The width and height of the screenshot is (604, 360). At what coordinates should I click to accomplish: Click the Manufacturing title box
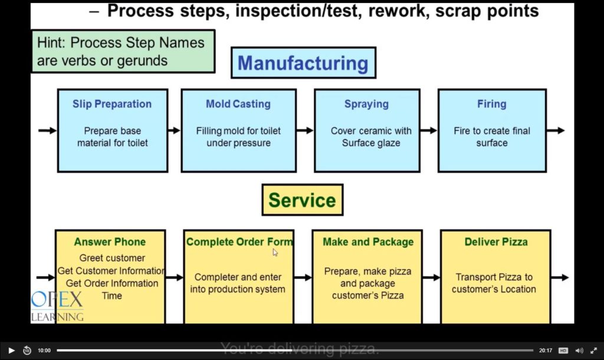tap(303, 63)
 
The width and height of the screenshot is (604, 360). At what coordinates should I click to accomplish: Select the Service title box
tap(302, 200)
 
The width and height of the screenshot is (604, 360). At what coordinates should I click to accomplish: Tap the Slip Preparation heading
tap(112, 104)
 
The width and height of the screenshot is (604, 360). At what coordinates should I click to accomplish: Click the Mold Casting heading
tap(238, 104)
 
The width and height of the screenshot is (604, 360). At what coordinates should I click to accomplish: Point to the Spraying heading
tap(366, 104)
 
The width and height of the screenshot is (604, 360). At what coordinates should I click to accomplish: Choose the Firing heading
tap(491, 104)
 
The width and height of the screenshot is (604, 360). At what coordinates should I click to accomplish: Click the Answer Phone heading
tap(110, 242)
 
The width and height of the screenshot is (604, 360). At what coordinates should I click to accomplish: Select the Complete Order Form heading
tap(239, 242)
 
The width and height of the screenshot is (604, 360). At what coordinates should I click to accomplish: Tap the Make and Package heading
tap(368, 242)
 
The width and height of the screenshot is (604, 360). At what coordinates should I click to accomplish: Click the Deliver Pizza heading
tap(496, 242)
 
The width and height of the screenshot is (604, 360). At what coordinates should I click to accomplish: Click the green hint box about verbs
tap(123, 51)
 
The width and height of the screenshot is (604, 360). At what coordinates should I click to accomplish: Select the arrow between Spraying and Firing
tap(428, 130)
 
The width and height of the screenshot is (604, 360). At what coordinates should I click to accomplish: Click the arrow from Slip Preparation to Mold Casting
tap(174, 130)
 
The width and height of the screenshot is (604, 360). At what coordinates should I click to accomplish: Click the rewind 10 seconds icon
tap(27, 351)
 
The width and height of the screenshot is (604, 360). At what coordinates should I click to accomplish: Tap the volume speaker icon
tap(579, 351)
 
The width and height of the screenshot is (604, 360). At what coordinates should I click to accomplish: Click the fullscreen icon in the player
tap(593, 351)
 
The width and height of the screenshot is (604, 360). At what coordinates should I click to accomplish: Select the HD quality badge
tap(563, 351)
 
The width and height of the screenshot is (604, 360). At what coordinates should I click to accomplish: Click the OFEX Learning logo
tap(57, 306)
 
